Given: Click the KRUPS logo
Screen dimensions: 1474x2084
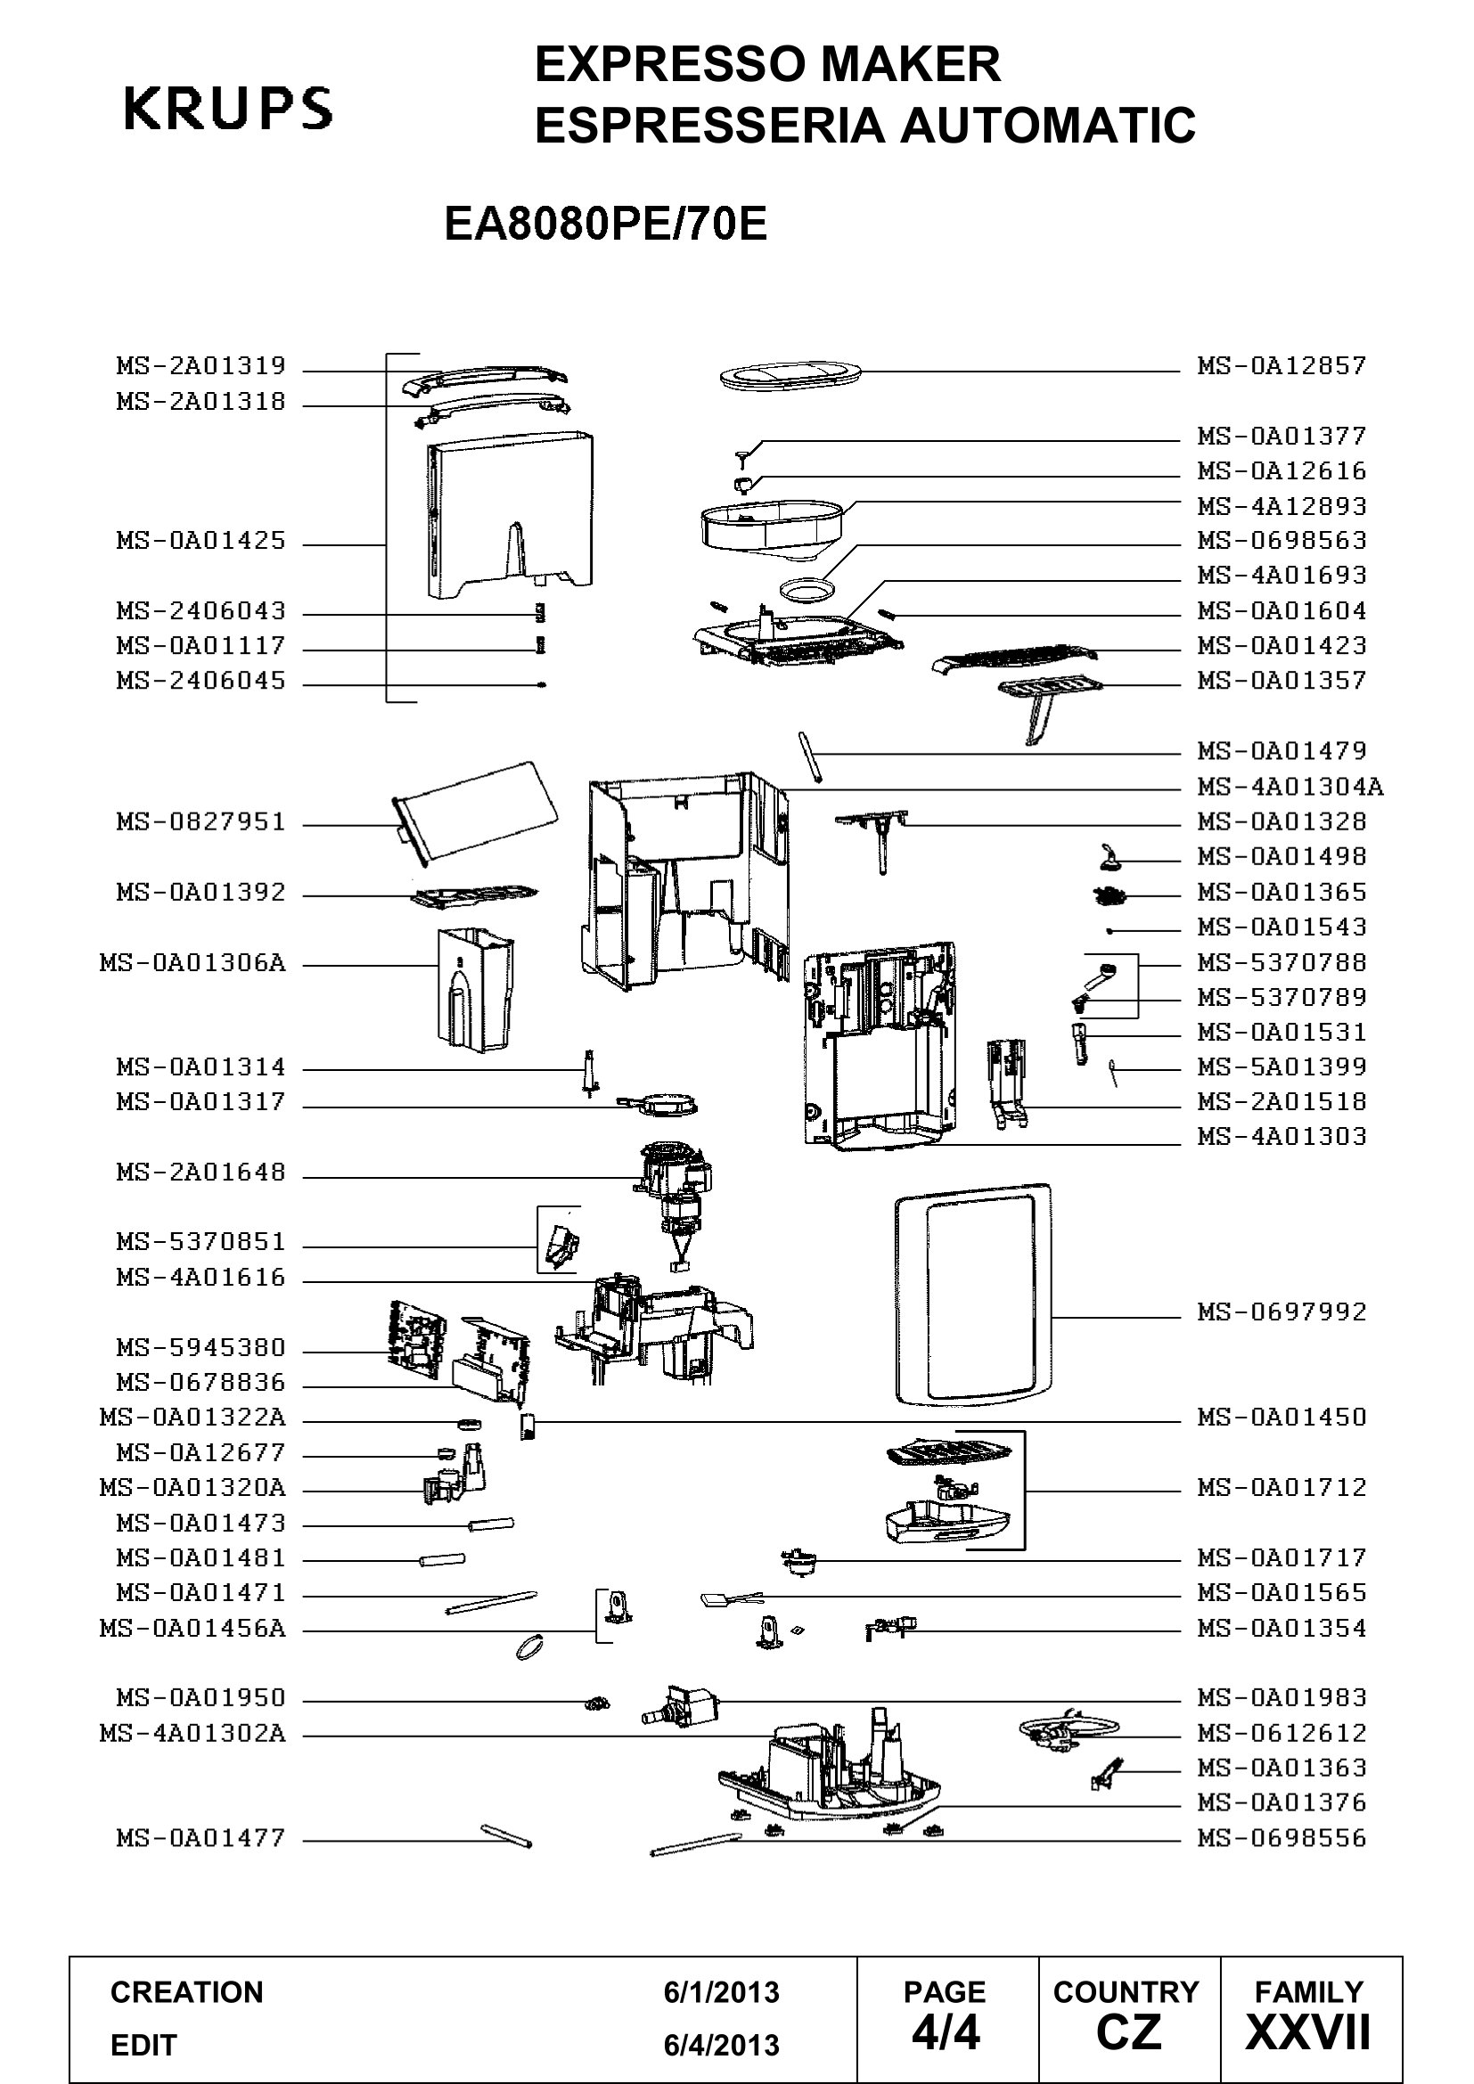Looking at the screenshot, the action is pos(228,109).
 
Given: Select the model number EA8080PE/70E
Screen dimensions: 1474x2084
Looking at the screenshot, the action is pos(605,225).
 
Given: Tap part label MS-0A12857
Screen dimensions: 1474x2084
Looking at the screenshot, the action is pos(1282,366).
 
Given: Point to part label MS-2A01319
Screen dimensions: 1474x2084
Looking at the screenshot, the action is pos(201,366).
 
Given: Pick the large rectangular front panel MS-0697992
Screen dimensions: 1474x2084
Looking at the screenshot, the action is pos(972,1295).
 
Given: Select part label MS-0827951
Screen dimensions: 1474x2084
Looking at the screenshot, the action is pos(201,822).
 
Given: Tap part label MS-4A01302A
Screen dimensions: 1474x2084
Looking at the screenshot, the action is pos(192,1734).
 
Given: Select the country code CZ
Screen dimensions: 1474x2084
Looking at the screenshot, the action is pos(1128,2033).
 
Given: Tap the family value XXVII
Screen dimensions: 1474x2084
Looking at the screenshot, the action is pos(1308,2033).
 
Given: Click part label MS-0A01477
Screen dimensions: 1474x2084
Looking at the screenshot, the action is pos(201,1839).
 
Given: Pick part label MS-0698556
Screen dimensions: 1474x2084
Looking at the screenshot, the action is pos(1282,1839).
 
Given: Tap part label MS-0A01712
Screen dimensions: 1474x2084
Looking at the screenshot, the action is pos(1282,1488).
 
